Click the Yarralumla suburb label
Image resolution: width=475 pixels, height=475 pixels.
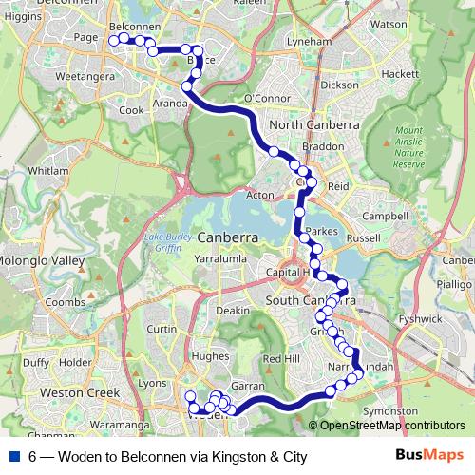220,257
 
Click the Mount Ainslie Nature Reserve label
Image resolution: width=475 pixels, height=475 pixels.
409,146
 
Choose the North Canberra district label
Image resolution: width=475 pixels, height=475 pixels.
314,124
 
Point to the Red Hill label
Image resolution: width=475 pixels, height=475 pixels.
280,358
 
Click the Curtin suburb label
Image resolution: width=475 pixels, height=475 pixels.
162,329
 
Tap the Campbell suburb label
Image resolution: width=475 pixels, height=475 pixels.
385,216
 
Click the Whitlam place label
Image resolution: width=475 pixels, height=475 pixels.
48,170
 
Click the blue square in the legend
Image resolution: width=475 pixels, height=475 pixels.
16,457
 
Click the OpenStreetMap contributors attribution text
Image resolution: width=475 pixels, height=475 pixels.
392,426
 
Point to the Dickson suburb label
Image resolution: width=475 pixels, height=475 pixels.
340,85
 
